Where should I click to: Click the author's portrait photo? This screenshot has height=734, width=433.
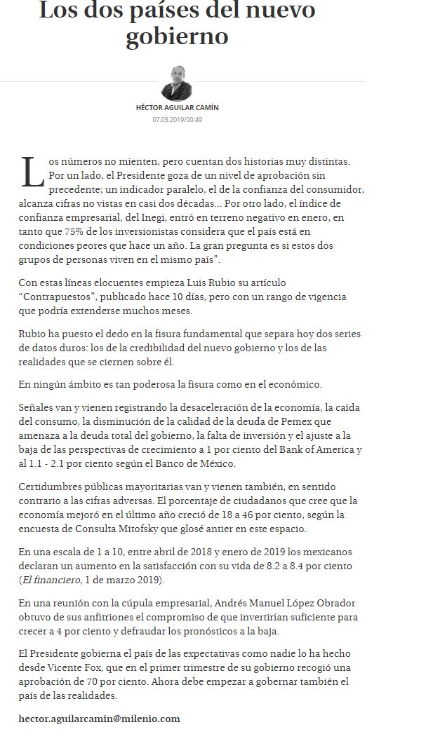click(177, 83)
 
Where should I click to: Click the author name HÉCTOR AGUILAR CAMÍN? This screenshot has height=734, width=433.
click(177, 107)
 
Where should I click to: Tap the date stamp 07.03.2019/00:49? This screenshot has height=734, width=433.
click(177, 119)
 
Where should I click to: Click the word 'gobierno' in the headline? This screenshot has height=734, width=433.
click(177, 36)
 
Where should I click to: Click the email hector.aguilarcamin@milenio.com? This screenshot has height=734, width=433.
click(100, 719)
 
